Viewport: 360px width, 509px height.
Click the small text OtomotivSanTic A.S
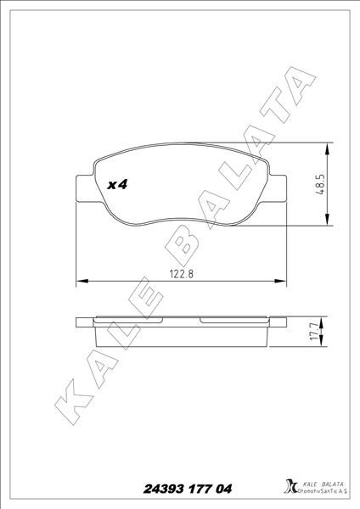tap(320, 493)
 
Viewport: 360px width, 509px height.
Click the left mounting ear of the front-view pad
tap(82, 188)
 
